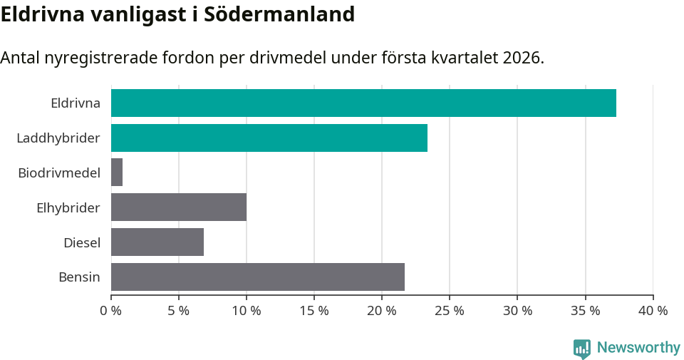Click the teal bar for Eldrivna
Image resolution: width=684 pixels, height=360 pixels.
tap(363, 103)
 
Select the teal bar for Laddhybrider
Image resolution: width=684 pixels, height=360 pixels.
tap(269, 138)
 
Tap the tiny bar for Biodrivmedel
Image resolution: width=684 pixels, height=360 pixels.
tap(117, 173)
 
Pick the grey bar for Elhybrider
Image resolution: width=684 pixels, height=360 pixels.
tap(179, 207)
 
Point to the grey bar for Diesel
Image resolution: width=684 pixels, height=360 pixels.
tap(157, 242)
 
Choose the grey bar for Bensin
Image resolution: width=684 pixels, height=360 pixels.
tap(258, 277)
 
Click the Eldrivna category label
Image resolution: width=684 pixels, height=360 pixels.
tap(76, 103)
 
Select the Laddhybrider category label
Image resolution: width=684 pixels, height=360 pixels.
tap(58, 138)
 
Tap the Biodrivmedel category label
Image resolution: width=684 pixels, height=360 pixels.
tap(59, 173)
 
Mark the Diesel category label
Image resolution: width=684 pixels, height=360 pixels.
tap(82, 242)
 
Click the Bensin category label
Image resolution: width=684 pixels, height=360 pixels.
tap(79, 277)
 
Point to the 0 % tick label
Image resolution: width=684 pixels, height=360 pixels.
tap(111, 311)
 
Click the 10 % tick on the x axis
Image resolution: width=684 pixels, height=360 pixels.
tap(247, 311)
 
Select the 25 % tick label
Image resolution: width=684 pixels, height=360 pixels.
tap(450, 311)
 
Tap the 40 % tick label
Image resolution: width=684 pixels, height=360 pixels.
tap(653, 311)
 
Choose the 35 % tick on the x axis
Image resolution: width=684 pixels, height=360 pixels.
tap(585, 311)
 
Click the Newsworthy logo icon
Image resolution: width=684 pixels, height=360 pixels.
tap(582, 349)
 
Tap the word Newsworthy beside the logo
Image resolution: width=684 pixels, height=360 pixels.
tap(638, 348)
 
